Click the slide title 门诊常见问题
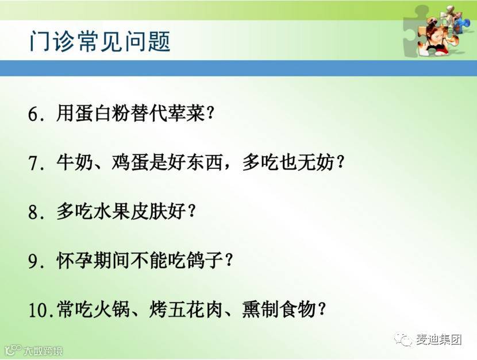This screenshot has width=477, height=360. [99, 41]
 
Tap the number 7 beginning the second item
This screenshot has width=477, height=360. [33, 164]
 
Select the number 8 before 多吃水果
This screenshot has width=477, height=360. [33, 212]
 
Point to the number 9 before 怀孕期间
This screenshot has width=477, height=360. [33, 261]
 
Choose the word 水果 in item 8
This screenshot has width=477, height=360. [112, 211]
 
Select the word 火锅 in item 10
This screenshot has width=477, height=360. [112, 309]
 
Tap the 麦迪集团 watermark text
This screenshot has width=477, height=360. [438, 339]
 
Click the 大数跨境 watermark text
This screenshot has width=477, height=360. [43, 351]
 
